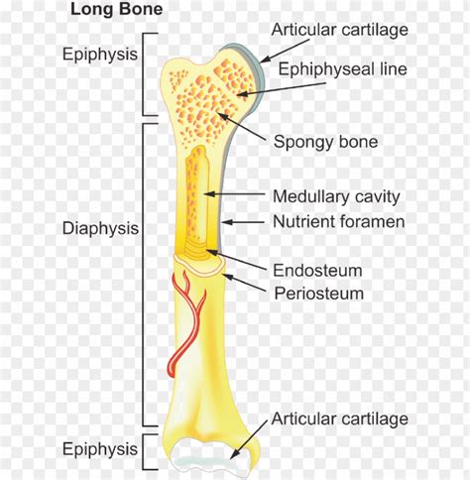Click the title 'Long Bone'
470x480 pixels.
click(x=117, y=9)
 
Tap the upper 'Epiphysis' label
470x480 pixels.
click(x=100, y=54)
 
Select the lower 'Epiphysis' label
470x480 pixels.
click(x=100, y=449)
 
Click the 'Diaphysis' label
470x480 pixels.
click(x=100, y=228)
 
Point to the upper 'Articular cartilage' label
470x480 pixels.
click(x=340, y=30)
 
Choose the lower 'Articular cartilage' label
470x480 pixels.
click(x=340, y=419)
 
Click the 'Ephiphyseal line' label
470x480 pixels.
click(x=343, y=69)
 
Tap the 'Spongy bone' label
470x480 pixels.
click(x=326, y=142)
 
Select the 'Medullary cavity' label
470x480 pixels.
click(x=336, y=196)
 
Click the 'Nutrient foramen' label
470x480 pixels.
click(x=339, y=221)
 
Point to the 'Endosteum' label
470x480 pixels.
click(x=317, y=271)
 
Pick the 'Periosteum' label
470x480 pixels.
click(x=319, y=294)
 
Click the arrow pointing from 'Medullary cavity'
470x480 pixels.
click(x=234, y=194)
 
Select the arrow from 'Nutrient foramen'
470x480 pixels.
click(x=243, y=222)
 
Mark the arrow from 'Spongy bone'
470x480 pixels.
click(x=241, y=127)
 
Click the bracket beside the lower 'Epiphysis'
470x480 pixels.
click(x=146, y=452)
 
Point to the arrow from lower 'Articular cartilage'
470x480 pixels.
click(x=249, y=440)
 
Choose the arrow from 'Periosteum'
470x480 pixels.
click(x=245, y=283)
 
